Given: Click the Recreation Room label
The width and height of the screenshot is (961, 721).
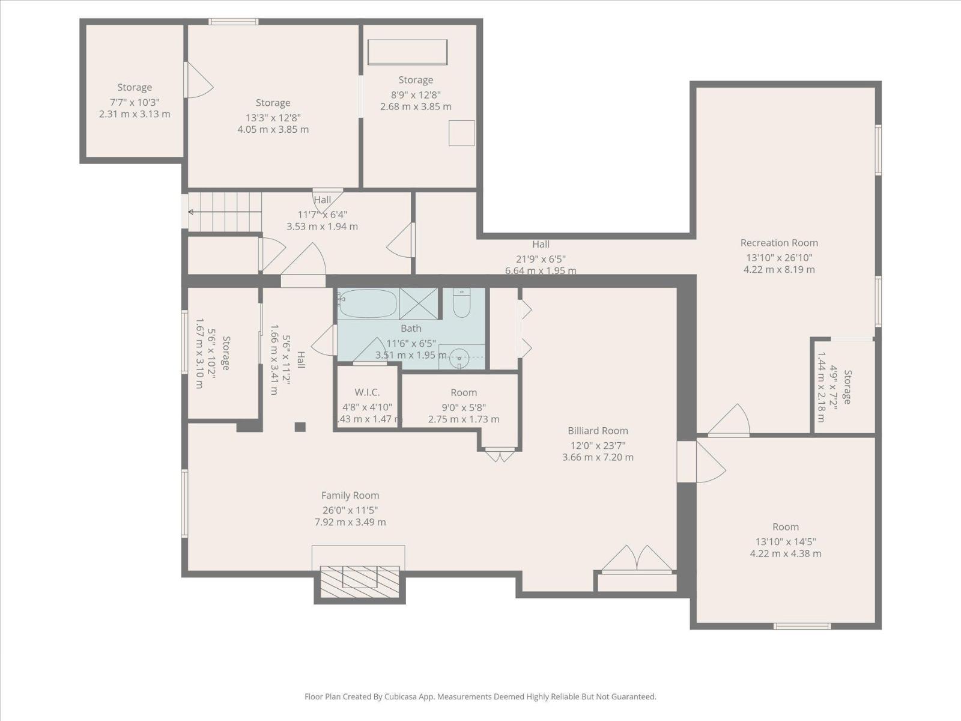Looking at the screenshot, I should (779, 243).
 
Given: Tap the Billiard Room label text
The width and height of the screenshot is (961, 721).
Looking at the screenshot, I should (598, 431).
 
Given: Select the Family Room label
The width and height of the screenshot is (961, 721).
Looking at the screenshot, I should (350, 496).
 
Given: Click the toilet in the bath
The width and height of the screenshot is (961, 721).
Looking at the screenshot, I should (461, 304).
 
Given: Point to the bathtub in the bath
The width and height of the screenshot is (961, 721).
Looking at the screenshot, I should (367, 303).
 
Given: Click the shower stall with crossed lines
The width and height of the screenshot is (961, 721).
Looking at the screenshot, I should (419, 303).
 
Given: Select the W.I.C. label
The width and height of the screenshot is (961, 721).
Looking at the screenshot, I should (367, 392).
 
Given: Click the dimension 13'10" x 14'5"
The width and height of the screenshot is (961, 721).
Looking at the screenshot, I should (786, 541).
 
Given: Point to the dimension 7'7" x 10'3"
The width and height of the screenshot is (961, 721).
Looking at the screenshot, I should (135, 102).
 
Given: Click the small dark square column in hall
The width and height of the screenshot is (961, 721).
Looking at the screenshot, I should (300, 427).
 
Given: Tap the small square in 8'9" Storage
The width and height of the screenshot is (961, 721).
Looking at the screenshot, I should (461, 133).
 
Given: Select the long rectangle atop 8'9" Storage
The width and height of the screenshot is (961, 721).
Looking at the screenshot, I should (407, 52).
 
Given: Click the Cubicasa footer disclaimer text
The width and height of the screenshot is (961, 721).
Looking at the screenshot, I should (480, 697).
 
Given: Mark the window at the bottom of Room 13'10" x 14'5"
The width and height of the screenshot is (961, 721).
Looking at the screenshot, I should (802, 626).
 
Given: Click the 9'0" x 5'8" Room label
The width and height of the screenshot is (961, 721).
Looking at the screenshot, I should (464, 392).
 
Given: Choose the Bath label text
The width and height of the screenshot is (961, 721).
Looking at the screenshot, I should (411, 329).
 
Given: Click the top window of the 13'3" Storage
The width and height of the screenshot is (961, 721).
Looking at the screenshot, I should (234, 22).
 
